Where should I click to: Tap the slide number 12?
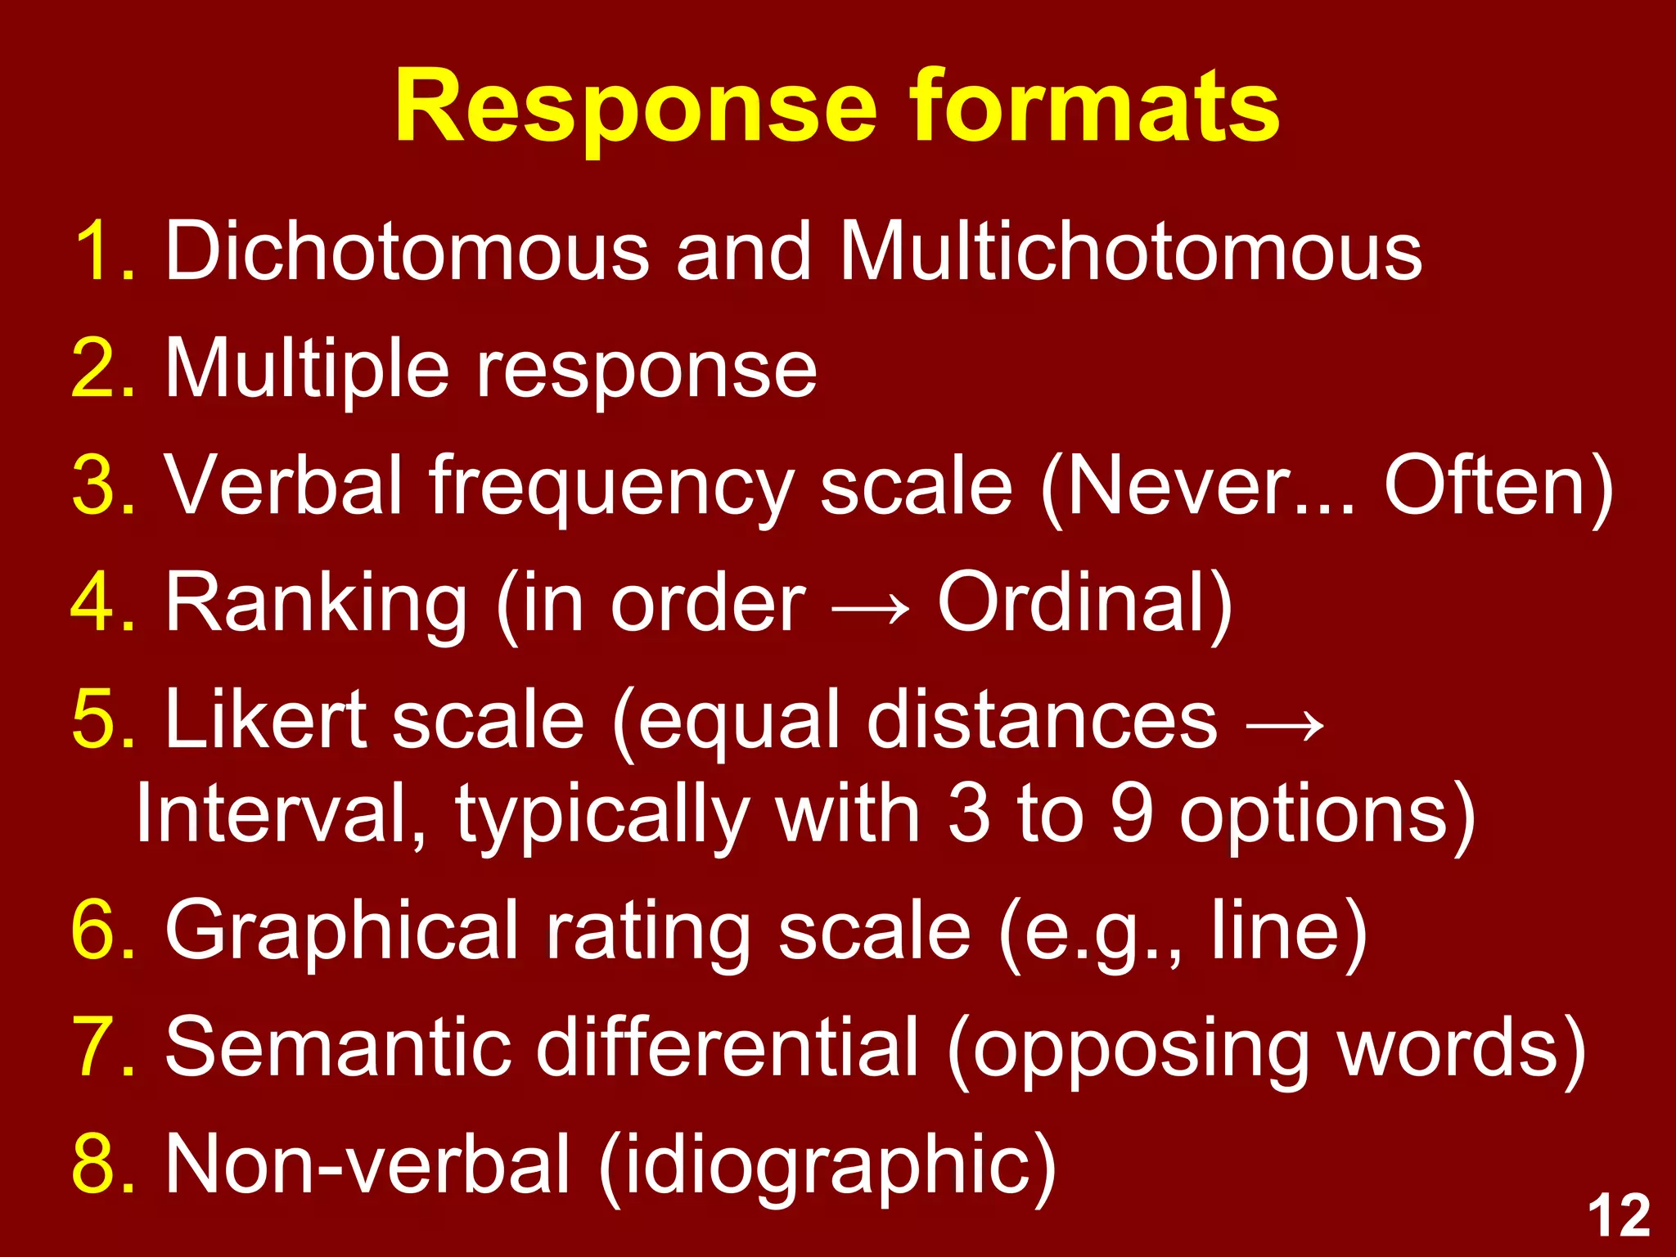[1619, 1216]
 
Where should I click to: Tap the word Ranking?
[316, 605]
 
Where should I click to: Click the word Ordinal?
[1073, 603]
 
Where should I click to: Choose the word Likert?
[266, 720]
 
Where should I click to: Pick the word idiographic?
[827, 1165]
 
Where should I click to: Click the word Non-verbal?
[367, 1165]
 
